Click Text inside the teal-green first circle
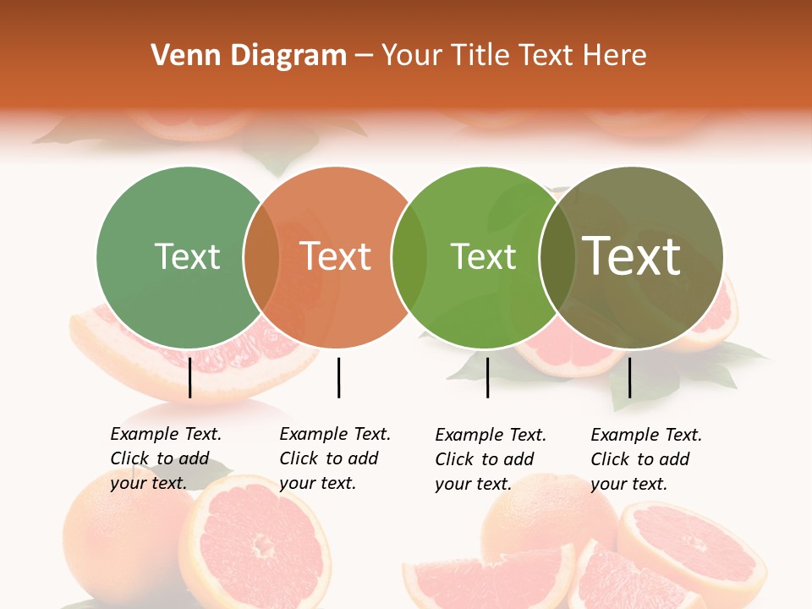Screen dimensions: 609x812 pyautogui.click(x=187, y=256)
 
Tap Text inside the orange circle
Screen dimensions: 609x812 pyautogui.click(x=336, y=256)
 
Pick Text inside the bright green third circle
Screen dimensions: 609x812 pyautogui.click(x=483, y=256)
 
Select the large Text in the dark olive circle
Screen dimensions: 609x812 pyautogui.click(x=632, y=256)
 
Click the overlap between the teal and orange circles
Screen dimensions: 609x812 pyautogui.click(x=261, y=257)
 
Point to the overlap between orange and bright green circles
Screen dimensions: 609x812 pyautogui.click(x=409, y=257)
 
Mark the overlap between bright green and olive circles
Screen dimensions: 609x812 pyautogui.click(x=556, y=257)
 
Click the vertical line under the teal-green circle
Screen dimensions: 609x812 pyautogui.click(x=189, y=377)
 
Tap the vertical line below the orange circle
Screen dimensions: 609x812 pyautogui.click(x=338, y=377)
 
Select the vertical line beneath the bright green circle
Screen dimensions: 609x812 pyautogui.click(x=487, y=377)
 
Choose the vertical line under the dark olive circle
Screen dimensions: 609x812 pyautogui.click(x=629, y=377)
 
